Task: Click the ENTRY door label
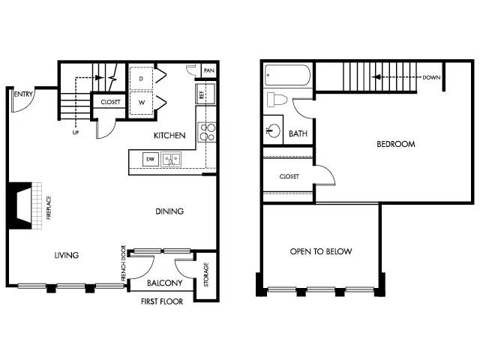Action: (23, 94)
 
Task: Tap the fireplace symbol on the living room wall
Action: (25, 205)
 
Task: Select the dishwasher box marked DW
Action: (150, 159)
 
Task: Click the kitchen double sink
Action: (171, 159)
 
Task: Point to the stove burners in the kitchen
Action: (207, 132)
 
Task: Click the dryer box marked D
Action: (141, 78)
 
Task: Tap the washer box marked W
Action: (141, 103)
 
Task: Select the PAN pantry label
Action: (208, 70)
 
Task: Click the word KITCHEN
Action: (169, 135)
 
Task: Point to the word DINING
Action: (169, 211)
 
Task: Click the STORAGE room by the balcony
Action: (206, 274)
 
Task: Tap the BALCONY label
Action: (165, 283)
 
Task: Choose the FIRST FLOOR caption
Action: (162, 301)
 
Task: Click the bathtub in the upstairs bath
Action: (287, 75)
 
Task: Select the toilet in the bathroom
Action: (277, 100)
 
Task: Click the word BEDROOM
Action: (396, 144)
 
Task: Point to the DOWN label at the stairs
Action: (431, 77)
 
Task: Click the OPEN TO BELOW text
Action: (321, 251)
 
